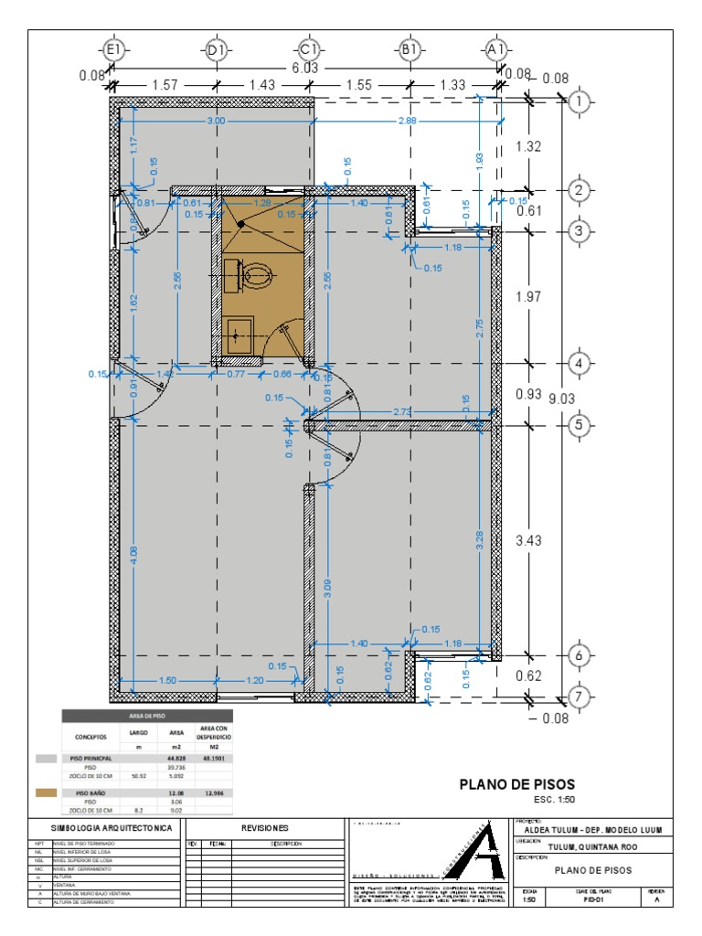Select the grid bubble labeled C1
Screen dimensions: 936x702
coord(308,52)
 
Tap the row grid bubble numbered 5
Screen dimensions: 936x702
coord(579,425)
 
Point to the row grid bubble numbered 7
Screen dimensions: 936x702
coord(579,697)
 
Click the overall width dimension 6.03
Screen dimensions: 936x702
coord(306,69)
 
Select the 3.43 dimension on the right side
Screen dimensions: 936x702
coord(529,540)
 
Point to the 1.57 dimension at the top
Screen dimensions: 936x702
coord(165,85)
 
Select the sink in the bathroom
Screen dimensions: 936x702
coord(239,334)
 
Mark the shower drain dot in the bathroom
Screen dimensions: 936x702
coord(240,222)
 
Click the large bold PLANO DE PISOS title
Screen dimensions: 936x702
coord(517,784)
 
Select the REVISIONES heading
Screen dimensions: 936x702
coord(266,827)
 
